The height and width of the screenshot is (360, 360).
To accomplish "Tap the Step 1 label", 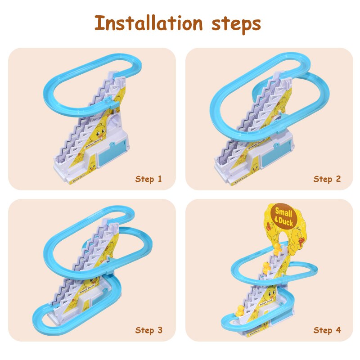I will tap(148, 179).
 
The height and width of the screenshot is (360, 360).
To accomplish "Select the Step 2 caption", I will tap(327, 179).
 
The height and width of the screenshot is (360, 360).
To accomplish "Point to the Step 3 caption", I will tap(148, 330).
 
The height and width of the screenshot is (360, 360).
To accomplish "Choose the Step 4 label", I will tap(327, 330).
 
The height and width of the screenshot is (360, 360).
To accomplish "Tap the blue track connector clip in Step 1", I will tap(109, 105).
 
